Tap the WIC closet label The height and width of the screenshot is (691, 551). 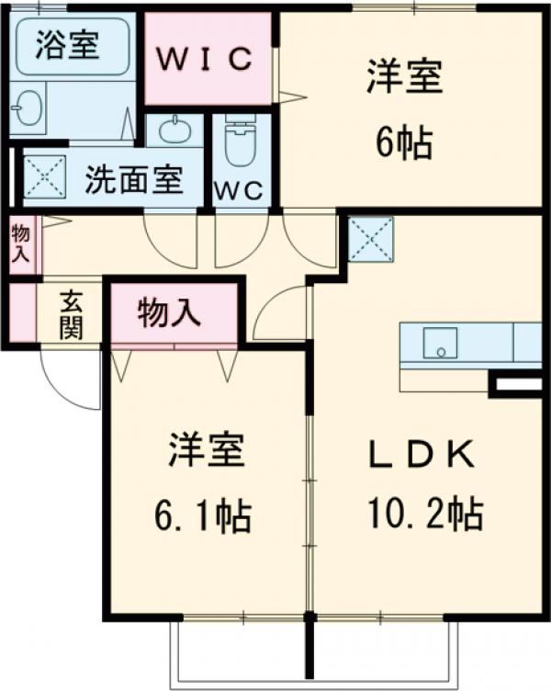[208, 60]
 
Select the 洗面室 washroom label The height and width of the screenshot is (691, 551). [134, 179]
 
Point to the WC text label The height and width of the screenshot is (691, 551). [241, 191]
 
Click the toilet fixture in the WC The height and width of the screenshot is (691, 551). [242, 138]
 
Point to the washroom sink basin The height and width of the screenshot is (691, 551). [175, 130]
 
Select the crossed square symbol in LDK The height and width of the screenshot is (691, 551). [371, 239]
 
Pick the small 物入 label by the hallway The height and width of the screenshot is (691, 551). [20, 244]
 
